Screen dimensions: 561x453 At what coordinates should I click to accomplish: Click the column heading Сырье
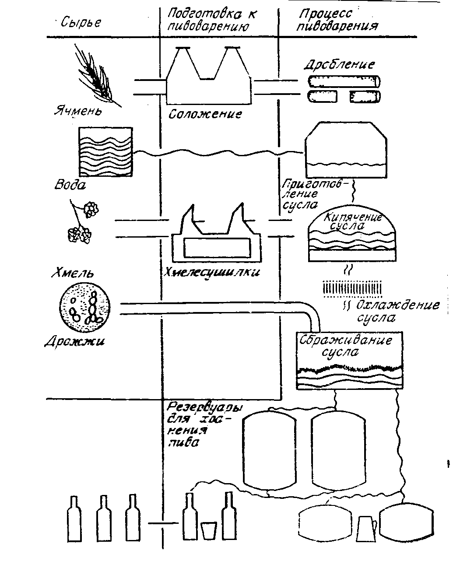coord(81,22)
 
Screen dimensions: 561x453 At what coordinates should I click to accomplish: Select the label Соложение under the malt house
coord(205,115)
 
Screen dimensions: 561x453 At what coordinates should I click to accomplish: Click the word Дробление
coord(339,65)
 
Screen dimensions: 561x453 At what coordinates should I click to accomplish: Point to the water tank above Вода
coord(105,152)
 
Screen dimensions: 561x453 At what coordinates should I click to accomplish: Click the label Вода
coord(70,184)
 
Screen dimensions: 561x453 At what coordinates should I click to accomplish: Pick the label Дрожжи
coord(75,342)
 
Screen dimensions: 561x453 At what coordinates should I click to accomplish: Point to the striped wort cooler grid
coord(353,288)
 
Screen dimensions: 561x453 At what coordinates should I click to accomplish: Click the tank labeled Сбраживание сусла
coord(350,361)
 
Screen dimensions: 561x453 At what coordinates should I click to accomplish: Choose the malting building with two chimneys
coord(208,79)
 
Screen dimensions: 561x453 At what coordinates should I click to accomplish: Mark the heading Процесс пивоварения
coord(337,20)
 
